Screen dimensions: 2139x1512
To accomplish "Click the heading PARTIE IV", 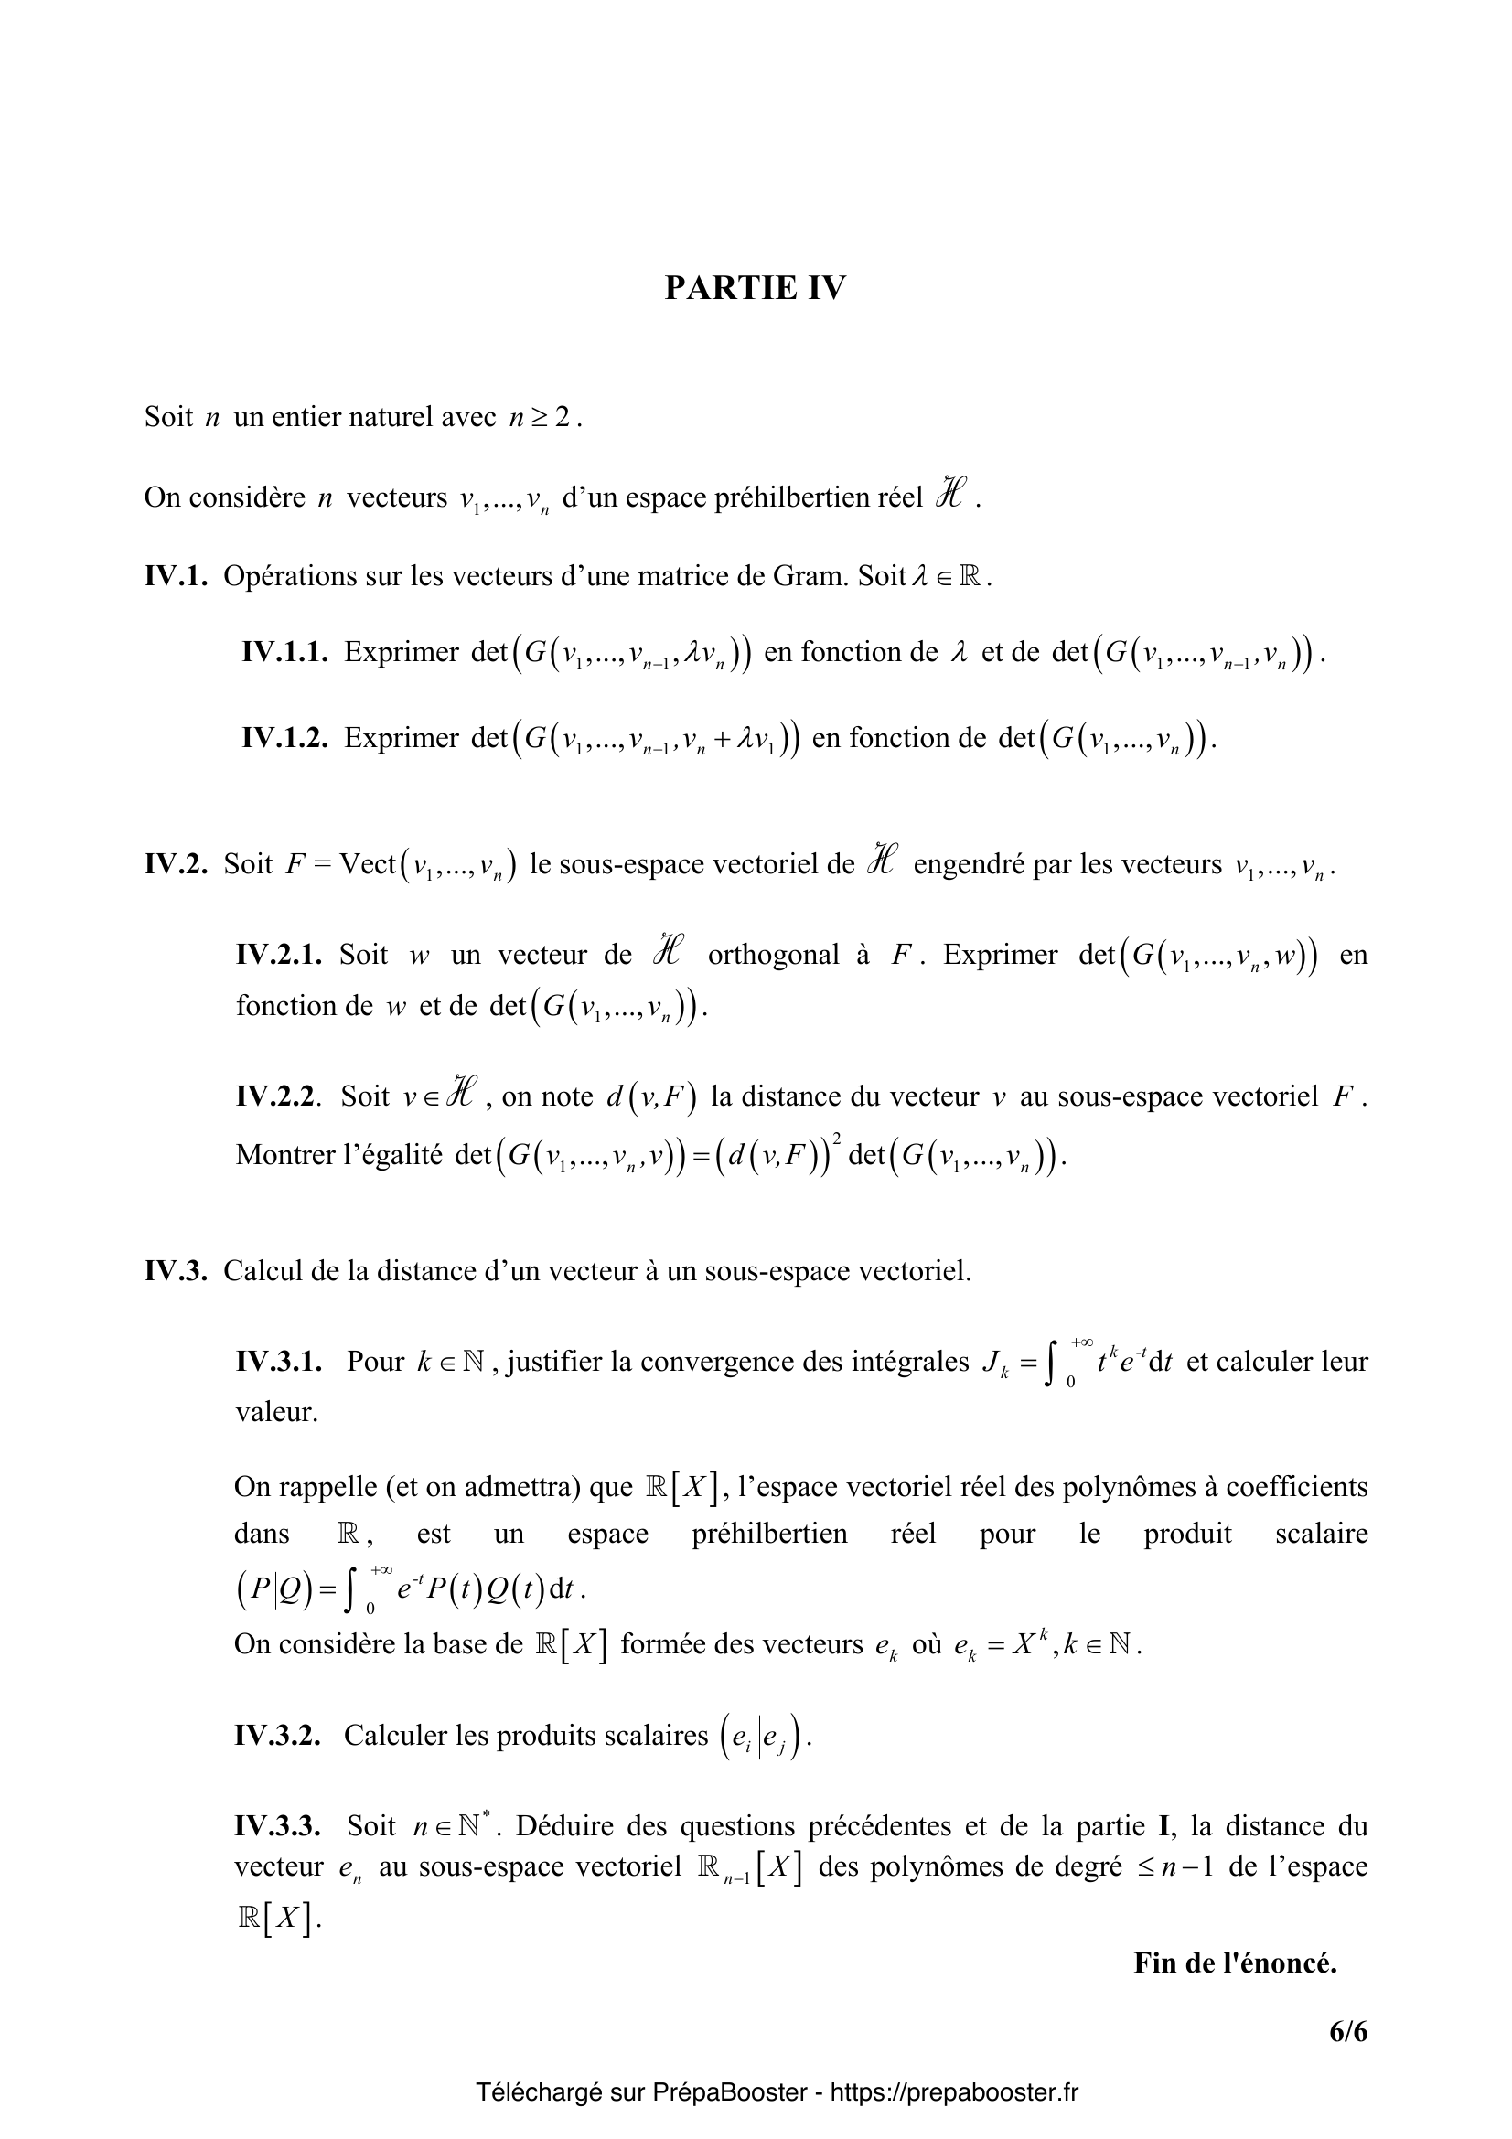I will [x=755, y=289].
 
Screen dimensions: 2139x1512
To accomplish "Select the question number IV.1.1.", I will [x=285, y=652].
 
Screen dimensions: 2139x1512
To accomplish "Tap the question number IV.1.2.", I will [x=285, y=738].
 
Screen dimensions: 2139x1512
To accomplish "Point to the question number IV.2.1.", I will [x=279, y=954].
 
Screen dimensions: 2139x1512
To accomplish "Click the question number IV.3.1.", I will [x=279, y=1362].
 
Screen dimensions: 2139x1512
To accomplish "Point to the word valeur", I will [x=275, y=1411].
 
